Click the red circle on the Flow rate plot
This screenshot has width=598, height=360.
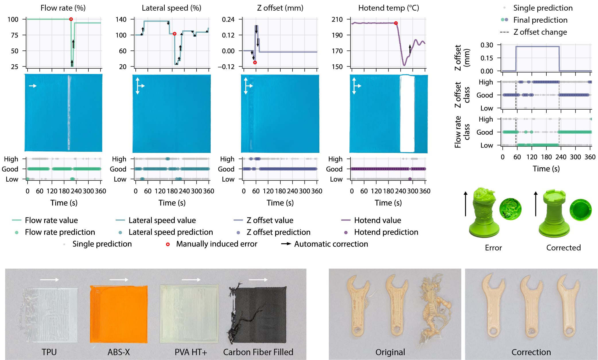71,19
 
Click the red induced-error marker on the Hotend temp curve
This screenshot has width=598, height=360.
396,23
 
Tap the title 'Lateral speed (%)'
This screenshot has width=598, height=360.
171,8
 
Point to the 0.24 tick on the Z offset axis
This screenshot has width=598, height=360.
228,20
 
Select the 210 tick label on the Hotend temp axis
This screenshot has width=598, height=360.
337,20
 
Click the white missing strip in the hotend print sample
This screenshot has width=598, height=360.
407,114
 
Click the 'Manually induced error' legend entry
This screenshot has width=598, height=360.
216,244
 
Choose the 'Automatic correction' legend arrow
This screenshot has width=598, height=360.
286,244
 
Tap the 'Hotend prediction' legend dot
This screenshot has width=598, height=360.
346,232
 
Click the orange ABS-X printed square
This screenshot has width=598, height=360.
119,314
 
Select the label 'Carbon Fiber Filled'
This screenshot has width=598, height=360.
258,352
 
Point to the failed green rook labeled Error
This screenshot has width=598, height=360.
484,212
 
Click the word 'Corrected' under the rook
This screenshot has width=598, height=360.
563,248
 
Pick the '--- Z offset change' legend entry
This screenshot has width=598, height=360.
534,32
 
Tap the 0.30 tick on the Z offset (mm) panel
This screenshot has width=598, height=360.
487,45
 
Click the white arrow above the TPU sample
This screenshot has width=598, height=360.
49,279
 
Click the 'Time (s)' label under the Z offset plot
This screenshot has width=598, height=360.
280,203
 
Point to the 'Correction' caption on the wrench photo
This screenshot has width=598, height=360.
531,352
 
